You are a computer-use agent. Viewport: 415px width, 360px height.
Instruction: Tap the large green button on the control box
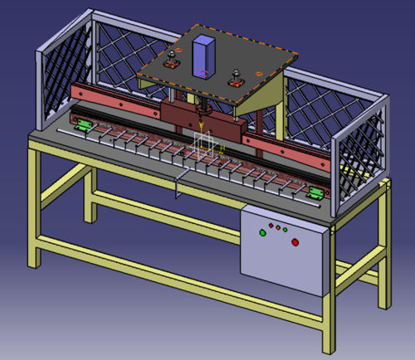point(263,233)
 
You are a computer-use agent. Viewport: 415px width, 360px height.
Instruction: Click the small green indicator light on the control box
point(285,229)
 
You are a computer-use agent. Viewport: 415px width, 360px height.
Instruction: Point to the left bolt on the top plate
point(173,59)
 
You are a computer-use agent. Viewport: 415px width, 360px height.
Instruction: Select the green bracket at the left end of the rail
point(83,126)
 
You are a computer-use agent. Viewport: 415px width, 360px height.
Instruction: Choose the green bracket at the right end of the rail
point(316,193)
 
